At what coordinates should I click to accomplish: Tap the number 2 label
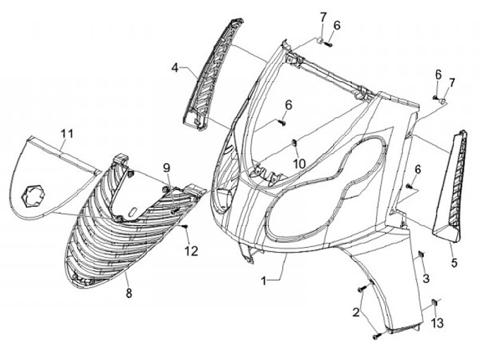coord(357,312)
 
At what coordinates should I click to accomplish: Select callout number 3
coord(426,277)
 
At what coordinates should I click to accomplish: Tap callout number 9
coord(167,168)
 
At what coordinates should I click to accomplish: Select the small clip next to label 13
coord(435,303)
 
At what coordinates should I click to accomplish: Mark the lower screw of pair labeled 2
coord(377,337)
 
